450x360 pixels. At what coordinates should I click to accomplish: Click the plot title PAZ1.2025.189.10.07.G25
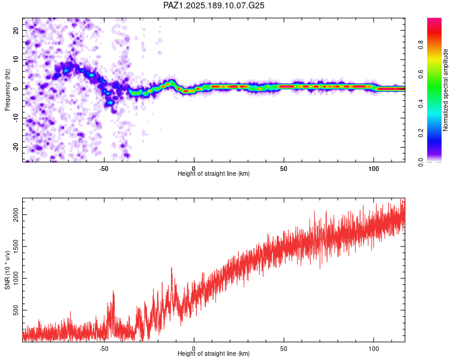214,5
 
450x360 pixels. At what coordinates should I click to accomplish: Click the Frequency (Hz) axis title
7,89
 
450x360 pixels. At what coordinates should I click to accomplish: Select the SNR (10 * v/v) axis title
7,270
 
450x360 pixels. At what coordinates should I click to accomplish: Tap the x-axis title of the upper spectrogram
214,173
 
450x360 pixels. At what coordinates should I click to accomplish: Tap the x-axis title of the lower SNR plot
214,353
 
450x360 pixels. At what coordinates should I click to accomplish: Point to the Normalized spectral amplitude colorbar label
445,90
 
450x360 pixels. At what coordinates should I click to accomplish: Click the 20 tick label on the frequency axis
16,30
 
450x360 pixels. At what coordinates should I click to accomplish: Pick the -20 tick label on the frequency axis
16,147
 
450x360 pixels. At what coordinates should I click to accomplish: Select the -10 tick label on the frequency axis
16,118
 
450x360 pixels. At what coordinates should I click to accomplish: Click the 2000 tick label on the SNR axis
16,215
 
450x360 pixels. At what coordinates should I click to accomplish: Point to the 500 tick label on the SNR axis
16,310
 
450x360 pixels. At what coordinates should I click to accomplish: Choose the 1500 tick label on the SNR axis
16,247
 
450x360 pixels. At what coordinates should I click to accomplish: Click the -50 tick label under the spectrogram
104,169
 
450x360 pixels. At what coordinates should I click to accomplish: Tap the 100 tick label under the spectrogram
374,169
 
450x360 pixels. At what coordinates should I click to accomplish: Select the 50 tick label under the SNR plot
284,349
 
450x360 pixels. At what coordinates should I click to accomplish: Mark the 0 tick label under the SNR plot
194,349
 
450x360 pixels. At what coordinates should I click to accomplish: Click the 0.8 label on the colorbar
421,45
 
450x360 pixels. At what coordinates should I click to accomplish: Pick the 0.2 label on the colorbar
421,133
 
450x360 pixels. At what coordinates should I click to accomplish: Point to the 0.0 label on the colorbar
421,162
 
